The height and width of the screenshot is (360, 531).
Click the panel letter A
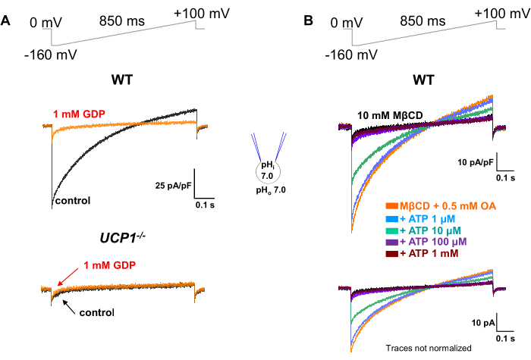6,22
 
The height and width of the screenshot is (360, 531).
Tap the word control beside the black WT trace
72,201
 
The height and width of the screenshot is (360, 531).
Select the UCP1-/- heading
123,237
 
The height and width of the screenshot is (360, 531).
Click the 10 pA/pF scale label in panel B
476,163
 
